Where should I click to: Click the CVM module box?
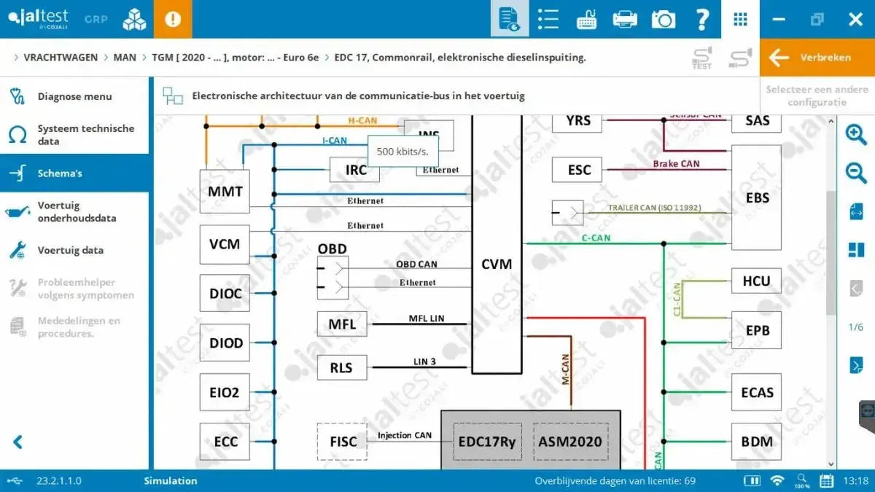497,264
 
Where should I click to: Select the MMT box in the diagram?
225,192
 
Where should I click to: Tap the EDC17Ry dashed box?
487,442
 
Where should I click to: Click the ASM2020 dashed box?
569,442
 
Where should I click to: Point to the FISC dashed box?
343,442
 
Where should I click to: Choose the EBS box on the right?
757,198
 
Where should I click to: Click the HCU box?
756,281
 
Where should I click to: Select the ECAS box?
756,392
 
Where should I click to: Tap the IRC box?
356,171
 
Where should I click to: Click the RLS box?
341,367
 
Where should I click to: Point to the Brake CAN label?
676,164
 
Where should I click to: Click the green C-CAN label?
596,238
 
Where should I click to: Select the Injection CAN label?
404,435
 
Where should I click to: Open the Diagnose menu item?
74,96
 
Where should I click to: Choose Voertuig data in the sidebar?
70,250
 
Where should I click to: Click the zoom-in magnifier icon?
855,135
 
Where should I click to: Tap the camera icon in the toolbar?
663,20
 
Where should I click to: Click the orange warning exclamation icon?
173,19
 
